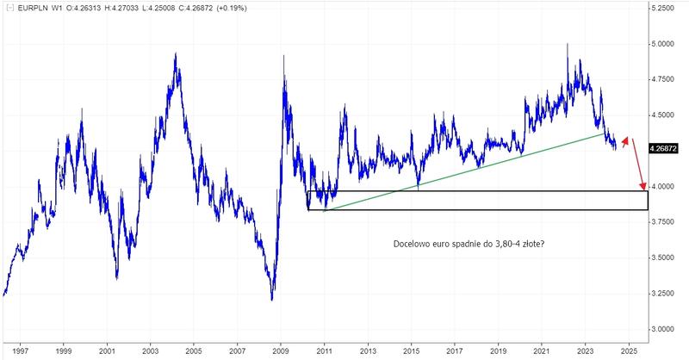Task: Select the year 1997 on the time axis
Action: click(x=18, y=352)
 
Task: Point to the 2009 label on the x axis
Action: click(x=281, y=352)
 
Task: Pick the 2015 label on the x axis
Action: click(x=412, y=352)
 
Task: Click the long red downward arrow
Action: click(x=638, y=164)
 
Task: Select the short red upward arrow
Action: click(x=626, y=142)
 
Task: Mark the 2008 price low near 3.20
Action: click(x=272, y=299)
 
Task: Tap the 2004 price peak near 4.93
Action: click(x=176, y=54)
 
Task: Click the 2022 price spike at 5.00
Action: click(x=567, y=44)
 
